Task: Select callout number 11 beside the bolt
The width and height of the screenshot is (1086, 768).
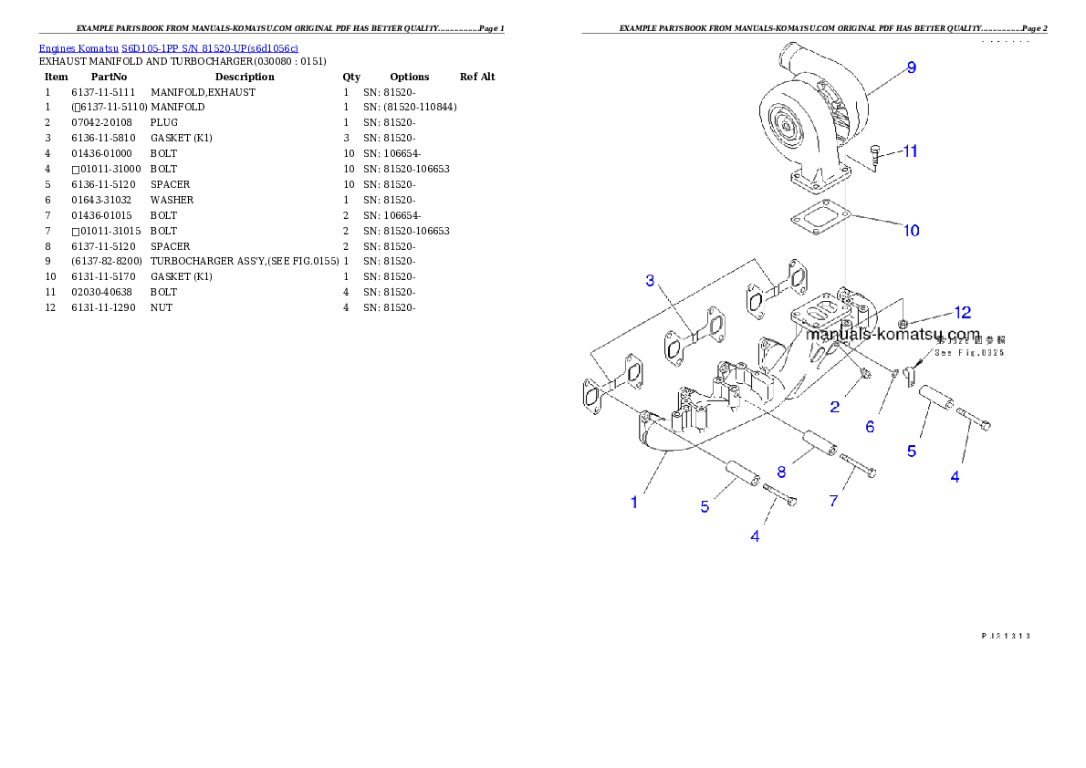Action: click(910, 151)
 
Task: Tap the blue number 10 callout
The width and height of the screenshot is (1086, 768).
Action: click(911, 231)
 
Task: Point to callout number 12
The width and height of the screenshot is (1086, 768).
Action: click(963, 312)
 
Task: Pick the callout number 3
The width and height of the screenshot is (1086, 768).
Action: click(650, 280)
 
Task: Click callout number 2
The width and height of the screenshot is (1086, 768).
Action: click(834, 407)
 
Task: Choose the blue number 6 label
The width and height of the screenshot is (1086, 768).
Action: click(870, 426)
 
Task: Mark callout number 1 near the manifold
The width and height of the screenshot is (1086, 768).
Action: click(634, 502)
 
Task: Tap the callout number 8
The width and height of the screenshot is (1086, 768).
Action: click(781, 472)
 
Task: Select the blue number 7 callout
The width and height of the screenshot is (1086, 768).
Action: click(833, 500)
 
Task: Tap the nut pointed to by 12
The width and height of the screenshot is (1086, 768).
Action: click(902, 324)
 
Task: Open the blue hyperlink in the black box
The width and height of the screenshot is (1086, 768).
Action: click(168, 47)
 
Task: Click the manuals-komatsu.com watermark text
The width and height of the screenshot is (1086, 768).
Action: click(893, 335)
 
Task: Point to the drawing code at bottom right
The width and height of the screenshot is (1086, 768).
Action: click(1005, 635)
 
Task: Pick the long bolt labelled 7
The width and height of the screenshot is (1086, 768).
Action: click(858, 465)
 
